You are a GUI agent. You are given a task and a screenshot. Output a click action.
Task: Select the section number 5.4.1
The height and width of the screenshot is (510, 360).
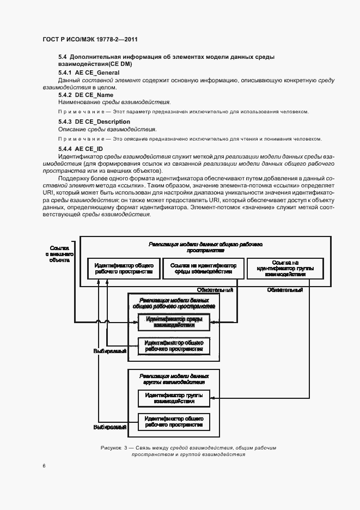click(66, 72)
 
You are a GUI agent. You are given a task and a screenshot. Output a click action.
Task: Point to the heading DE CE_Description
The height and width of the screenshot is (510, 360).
click(102, 122)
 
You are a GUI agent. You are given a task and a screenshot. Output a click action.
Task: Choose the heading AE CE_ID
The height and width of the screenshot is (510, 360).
click(89, 149)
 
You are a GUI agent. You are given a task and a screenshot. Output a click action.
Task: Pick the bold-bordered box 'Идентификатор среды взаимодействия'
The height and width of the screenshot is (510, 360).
click(174, 322)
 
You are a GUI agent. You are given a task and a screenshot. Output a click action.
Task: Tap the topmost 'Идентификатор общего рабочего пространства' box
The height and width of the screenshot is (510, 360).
click(120, 268)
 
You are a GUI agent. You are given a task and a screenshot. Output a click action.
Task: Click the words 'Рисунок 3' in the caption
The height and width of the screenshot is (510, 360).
click(114, 448)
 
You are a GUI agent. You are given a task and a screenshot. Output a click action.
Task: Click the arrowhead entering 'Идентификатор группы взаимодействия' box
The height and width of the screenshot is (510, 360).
click(213, 398)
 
